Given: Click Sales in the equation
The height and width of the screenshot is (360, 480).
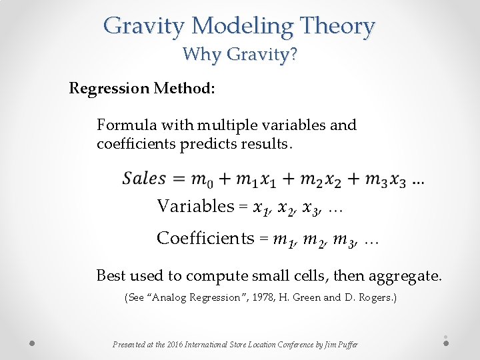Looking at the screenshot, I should [x=144, y=178].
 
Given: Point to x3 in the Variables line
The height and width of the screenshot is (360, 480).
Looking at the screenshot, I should [x=311, y=207].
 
